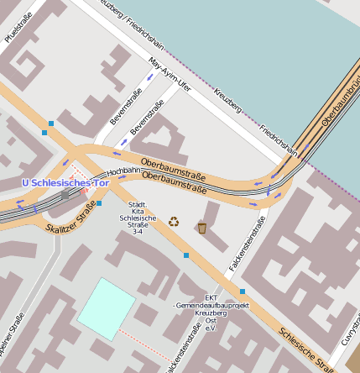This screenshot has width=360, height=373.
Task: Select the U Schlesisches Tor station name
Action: [x=65, y=183]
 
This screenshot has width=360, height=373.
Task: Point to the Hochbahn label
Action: [x=123, y=171]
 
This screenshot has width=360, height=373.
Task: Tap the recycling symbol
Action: [x=174, y=223]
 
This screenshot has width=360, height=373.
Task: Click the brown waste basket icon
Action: [x=201, y=227]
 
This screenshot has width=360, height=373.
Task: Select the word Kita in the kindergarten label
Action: [x=137, y=212]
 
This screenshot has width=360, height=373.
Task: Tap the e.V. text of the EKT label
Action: [x=210, y=328]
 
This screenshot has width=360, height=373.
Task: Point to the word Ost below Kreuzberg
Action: [x=210, y=320]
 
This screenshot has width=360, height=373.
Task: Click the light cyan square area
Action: [x=106, y=308]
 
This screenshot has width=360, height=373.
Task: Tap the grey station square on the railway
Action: [x=65, y=195]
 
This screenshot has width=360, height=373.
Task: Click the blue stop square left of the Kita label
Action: [x=99, y=203]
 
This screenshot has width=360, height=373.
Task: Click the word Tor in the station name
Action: [x=99, y=183]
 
